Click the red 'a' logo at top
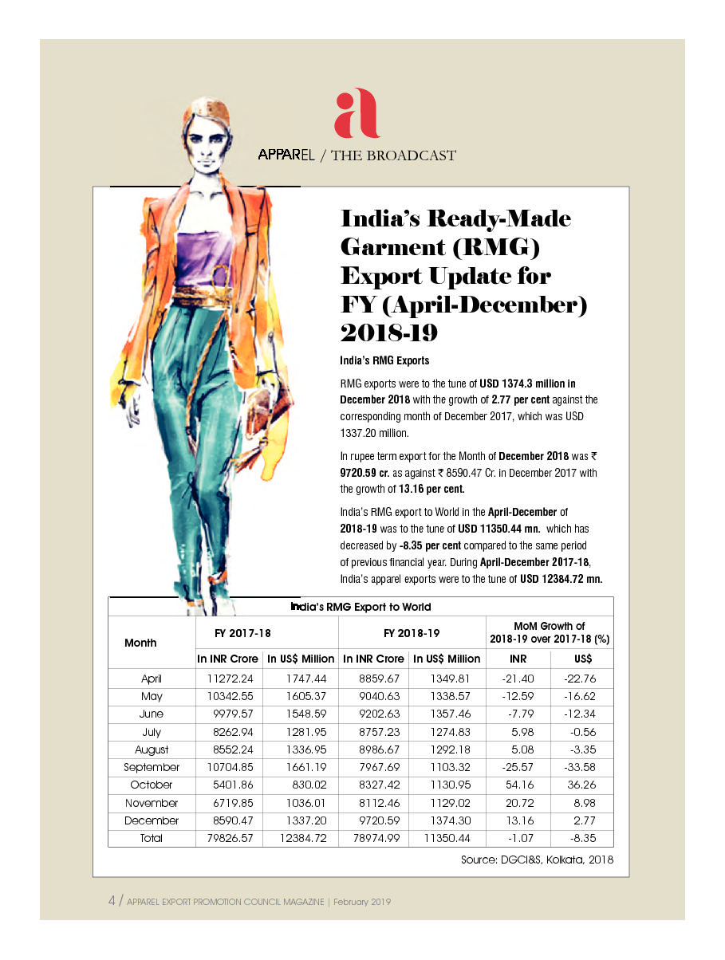(x=356, y=113)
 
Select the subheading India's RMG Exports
(x=384, y=360)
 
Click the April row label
(x=152, y=679)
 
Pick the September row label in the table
(x=152, y=767)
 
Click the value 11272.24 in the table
(x=229, y=679)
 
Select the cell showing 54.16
(x=518, y=785)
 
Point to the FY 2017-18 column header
(x=243, y=633)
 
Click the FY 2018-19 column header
(x=412, y=633)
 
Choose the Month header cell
(x=141, y=643)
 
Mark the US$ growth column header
(x=583, y=659)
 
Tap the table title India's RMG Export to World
(x=361, y=607)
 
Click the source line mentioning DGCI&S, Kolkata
(x=537, y=860)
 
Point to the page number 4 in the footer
(x=112, y=901)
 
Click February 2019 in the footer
(x=362, y=902)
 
